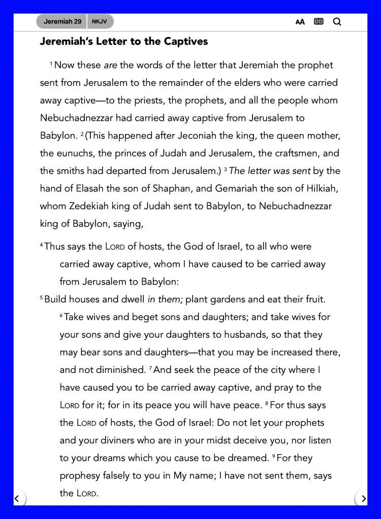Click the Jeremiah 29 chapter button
pos(61,22)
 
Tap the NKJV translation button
pos(100,22)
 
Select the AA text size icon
pos(300,22)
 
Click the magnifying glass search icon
pos(337,22)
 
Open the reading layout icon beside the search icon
pos(319,22)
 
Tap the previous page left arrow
pos(17,499)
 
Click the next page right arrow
pos(363,499)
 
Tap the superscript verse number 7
pos(150,367)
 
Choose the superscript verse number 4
pos(42,245)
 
